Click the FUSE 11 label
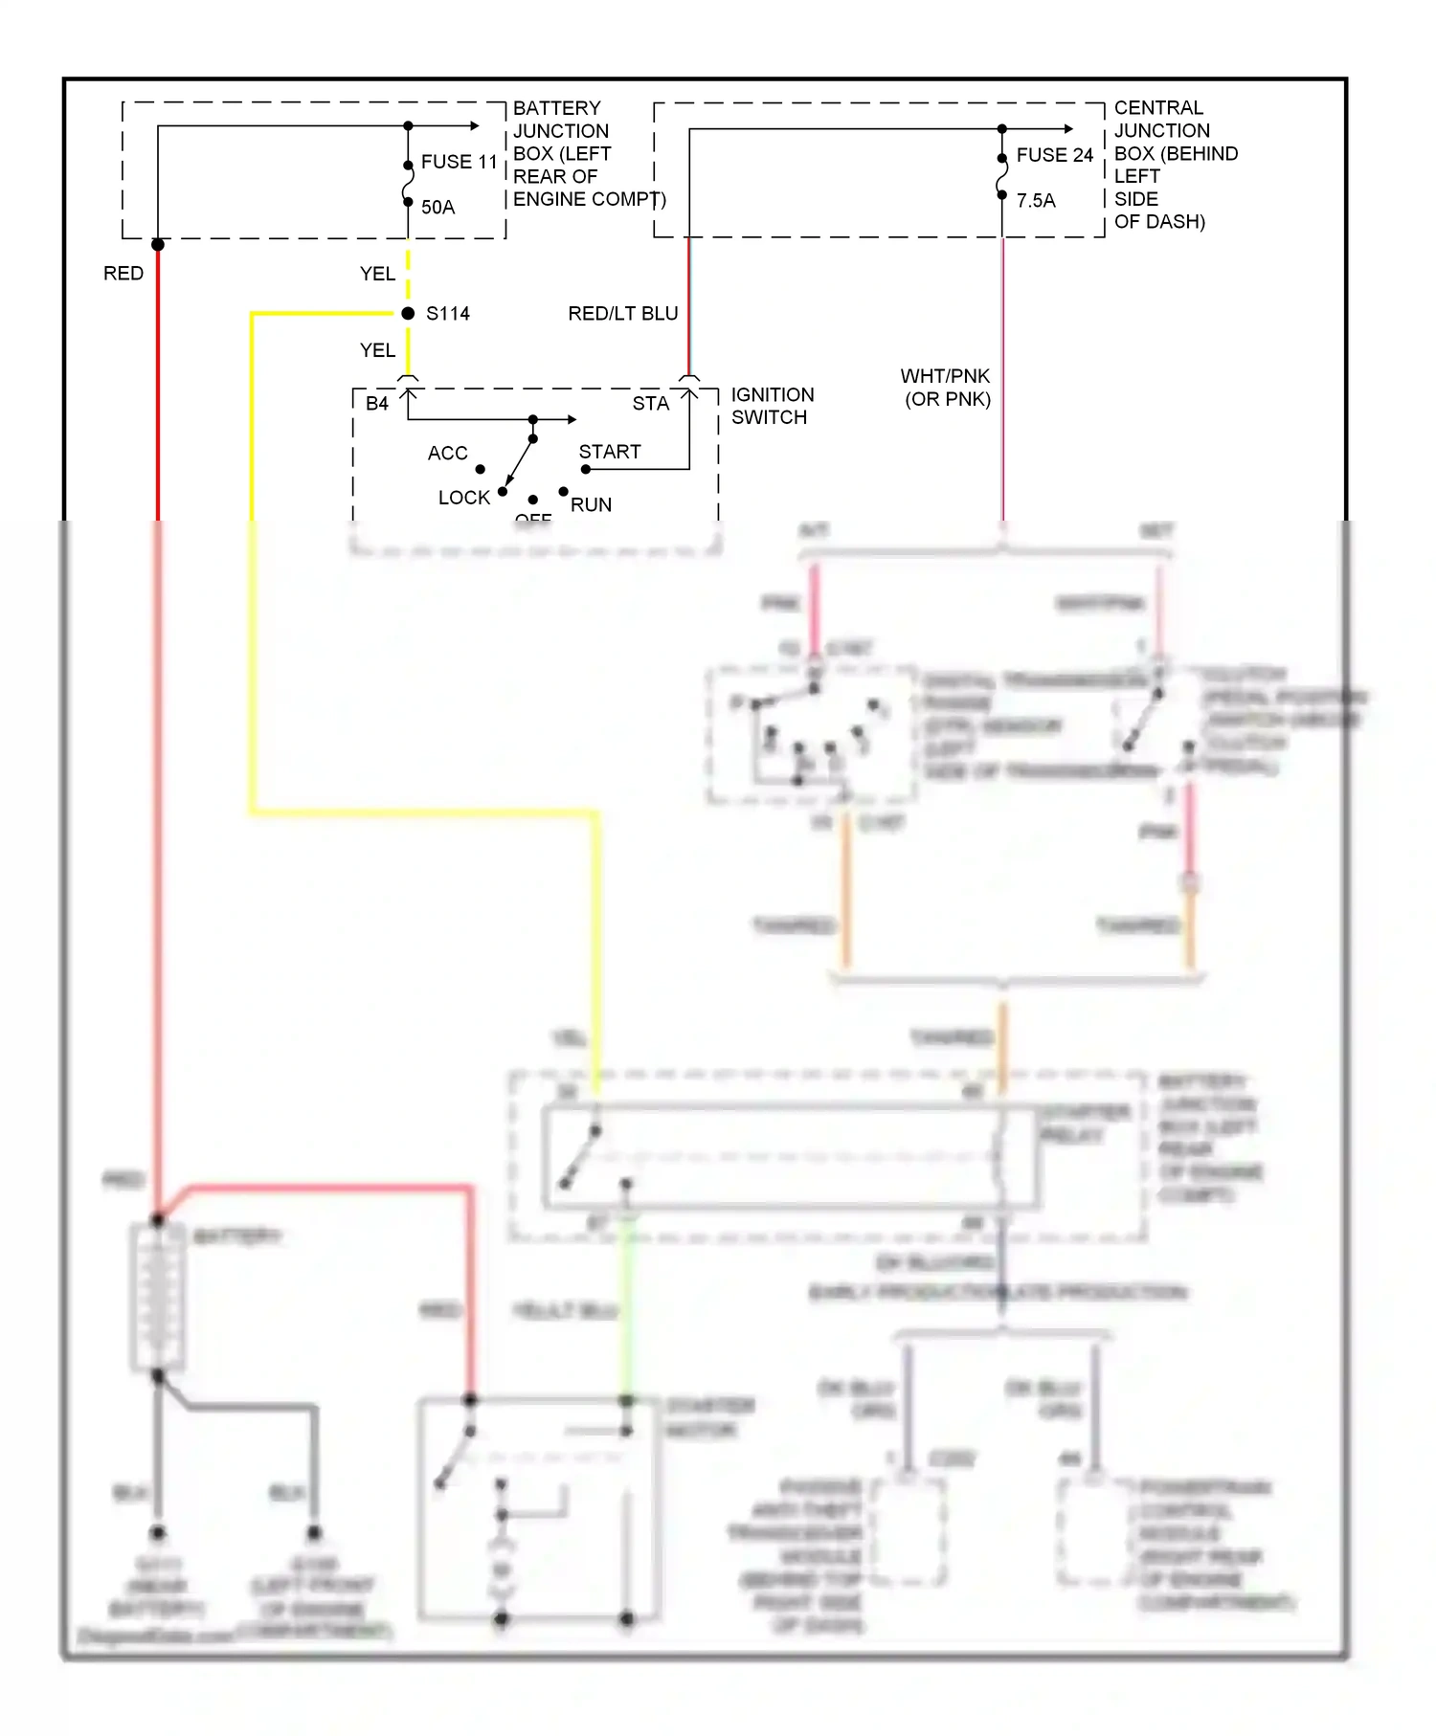coord(459,162)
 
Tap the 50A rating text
coord(438,207)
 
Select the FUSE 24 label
coord(1054,155)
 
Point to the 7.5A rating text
coord(1036,200)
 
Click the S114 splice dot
coord(408,313)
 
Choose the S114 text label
coord(447,314)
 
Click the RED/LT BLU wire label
coord(622,314)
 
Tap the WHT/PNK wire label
coord(945,376)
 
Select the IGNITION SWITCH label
coord(772,406)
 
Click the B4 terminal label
coord(377,404)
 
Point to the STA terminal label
coord(650,404)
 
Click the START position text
coord(609,452)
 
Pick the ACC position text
coord(447,453)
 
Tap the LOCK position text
coord(463,498)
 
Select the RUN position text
coord(591,504)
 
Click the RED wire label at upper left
coord(123,274)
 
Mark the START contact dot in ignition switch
coord(586,469)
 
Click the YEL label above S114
coord(377,274)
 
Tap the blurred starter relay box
coord(791,1157)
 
